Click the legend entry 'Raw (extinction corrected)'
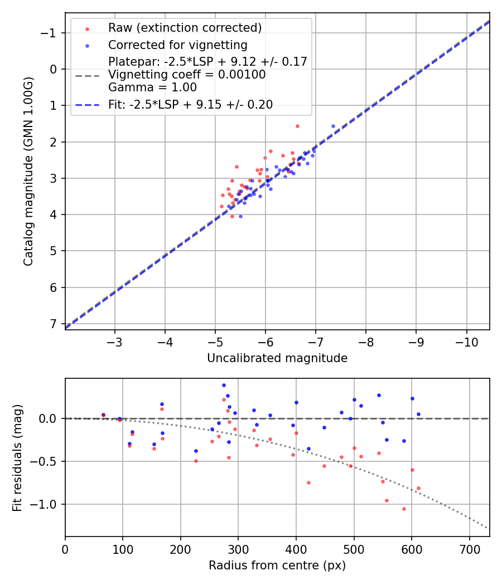[185, 28]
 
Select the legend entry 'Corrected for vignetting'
[177, 45]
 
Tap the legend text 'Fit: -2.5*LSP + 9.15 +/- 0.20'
[190, 105]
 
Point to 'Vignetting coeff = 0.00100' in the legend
[187, 75]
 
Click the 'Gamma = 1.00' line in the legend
[152, 87]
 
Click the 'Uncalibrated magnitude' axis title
[277, 358]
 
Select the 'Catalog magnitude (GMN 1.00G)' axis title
[28, 171]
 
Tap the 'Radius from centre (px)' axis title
[277, 565]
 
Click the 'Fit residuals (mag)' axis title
[17, 457]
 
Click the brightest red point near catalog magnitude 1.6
[297, 126]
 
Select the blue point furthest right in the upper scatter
[333, 126]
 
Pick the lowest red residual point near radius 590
[326, 509]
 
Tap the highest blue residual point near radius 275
[224, 385]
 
